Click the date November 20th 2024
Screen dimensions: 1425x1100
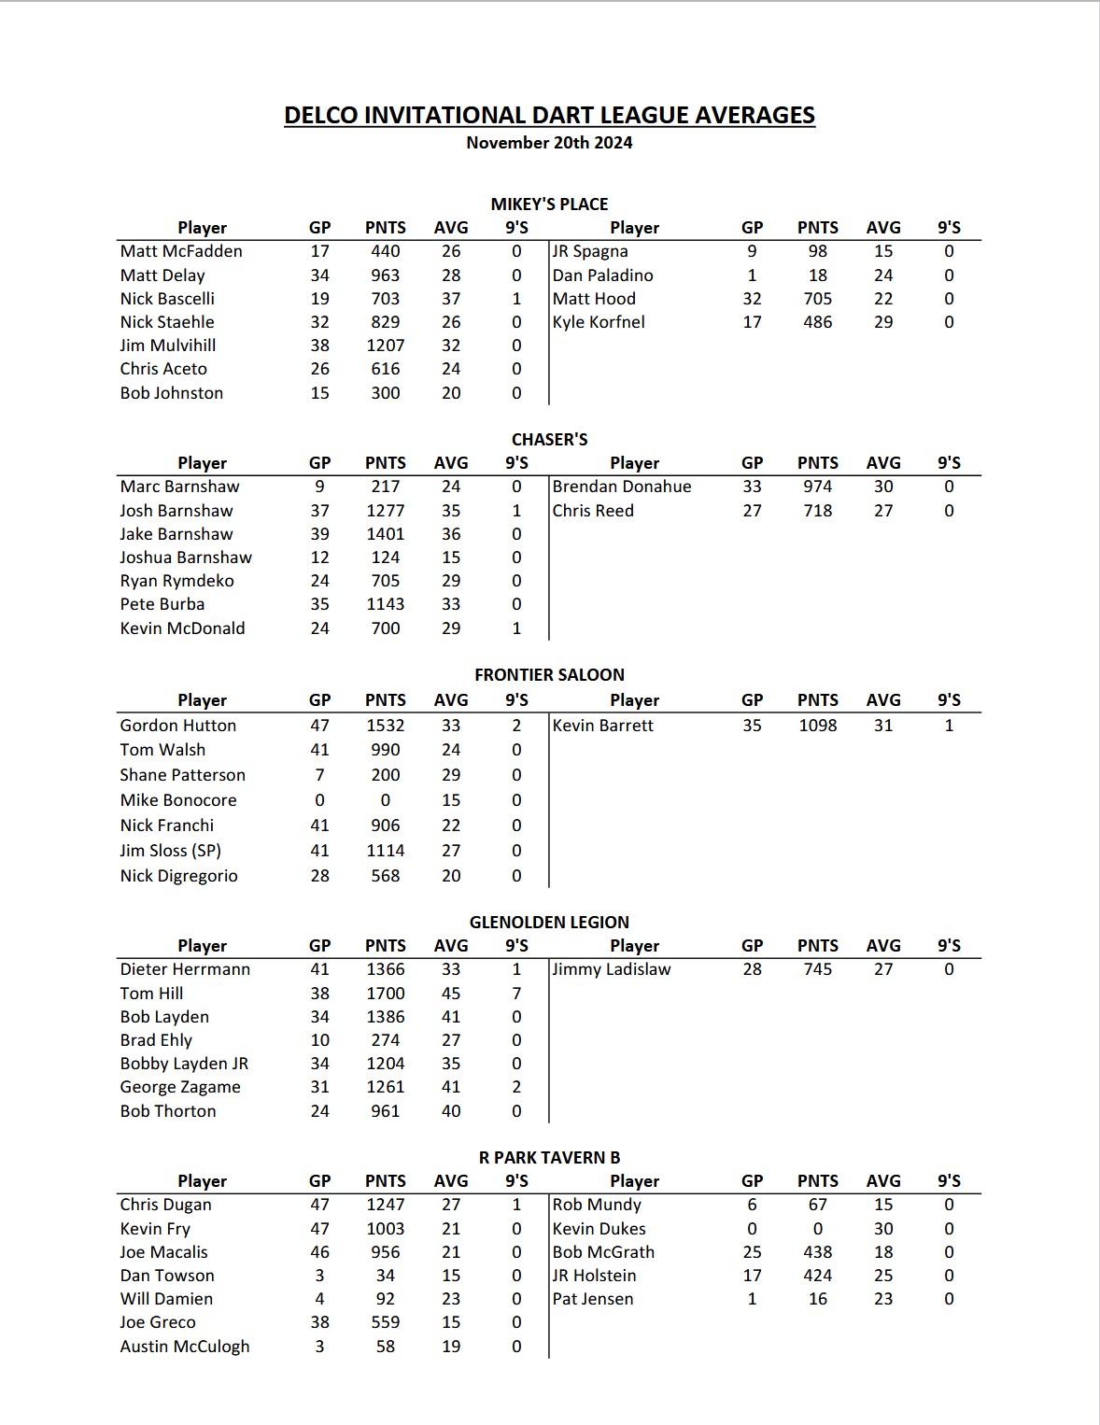pyautogui.click(x=549, y=143)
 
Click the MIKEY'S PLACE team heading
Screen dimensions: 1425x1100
pyautogui.click(x=549, y=205)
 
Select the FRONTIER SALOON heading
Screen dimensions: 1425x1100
pyautogui.click(x=549, y=675)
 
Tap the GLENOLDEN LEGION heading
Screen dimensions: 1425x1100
pyautogui.click(x=549, y=923)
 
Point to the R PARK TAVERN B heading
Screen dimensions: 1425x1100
pyautogui.click(x=549, y=1158)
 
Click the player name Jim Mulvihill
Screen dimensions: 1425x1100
pyautogui.click(x=168, y=346)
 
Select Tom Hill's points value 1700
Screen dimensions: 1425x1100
pyautogui.click(x=385, y=994)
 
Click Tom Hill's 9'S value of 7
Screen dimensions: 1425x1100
pyautogui.click(x=516, y=994)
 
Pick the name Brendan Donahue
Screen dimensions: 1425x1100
pyautogui.click(x=622, y=487)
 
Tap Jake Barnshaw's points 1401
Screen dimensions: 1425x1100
pyautogui.click(x=385, y=534)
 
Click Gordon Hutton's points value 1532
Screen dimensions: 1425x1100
pyautogui.click(x=385, y=726)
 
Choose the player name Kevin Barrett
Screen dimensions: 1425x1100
pyautogui.click(x=603, y=726)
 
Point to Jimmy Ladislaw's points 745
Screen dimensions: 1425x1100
pyautogui.click(x=817, y=969)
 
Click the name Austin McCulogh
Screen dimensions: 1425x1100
pyautogui.click(x=185, y=1347)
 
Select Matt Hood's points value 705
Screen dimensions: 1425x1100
pyautogui.click(x=817, y=299)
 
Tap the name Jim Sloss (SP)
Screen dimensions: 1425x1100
pyautogui.click(x=171, y=851)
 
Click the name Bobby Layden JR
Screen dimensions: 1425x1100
pyautogui.click(x=184, y=1064)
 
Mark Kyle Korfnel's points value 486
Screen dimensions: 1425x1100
pyautogui.click(x=817, y=322)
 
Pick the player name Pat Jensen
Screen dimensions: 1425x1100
pyautogui.click(x=593, y=1299)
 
